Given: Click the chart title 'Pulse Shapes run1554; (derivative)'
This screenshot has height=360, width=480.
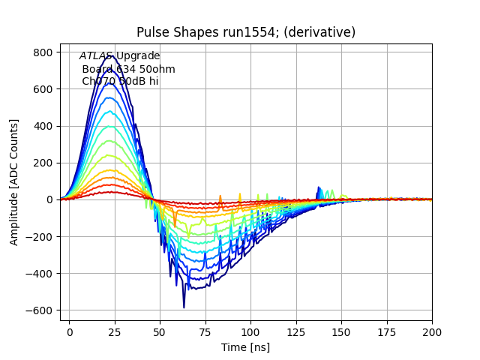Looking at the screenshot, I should pos(246,32).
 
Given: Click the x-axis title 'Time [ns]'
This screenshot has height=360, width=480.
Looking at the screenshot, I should pos(246,347).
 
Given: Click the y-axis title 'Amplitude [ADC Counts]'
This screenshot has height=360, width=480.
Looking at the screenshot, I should pos(14,182).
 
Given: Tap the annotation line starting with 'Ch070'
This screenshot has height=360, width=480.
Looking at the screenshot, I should pos(120,81).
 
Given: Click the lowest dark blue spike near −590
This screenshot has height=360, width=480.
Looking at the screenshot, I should pos(184,307).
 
